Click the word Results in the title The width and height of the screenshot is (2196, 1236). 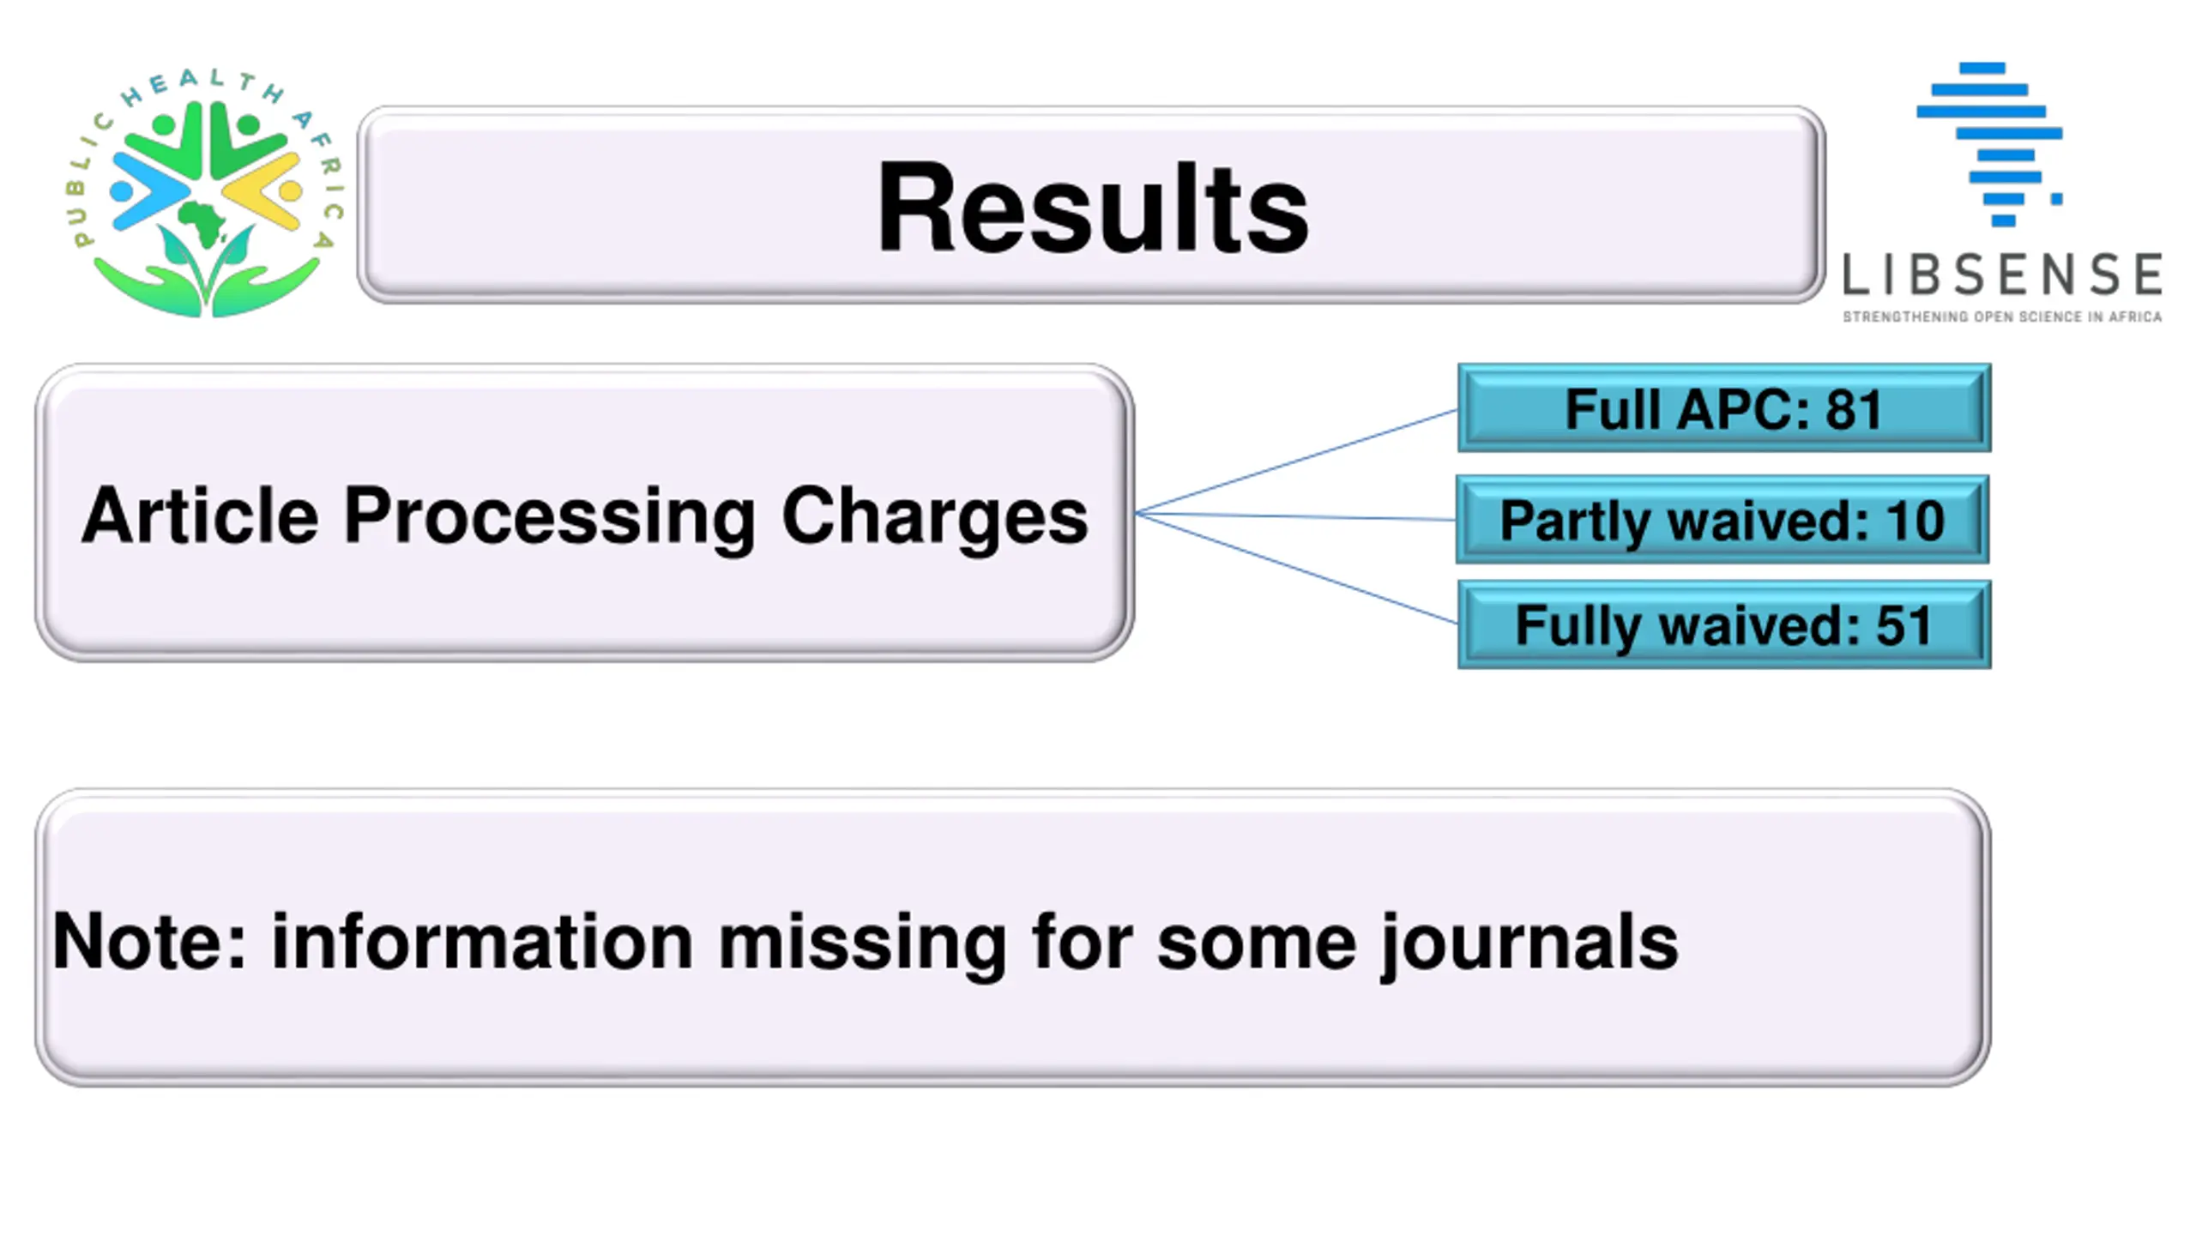click(x=1092, y=208)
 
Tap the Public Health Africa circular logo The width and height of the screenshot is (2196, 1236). click(x=206, y=192)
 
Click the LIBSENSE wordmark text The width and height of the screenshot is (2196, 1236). click(x=2002, y=274)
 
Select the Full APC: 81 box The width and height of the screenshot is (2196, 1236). click(x=1724, y=407)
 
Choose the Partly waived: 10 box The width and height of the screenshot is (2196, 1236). click(x=1722, y=519)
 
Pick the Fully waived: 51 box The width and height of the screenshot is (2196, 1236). click(x=1724, y=624)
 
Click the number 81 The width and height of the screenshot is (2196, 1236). click(x=1854, y=409)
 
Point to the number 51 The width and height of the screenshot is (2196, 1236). click(x=1903, y=625)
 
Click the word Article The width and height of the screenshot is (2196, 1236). click(x=200, y=516)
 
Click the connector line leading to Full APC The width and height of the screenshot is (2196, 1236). click(x=1296, y=461)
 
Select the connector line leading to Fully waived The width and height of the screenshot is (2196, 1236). click(x=1296, y=568)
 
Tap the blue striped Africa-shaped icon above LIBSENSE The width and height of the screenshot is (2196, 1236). click(x=1989, y=144)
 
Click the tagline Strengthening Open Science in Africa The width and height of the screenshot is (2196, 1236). click(x=2002, y=317)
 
